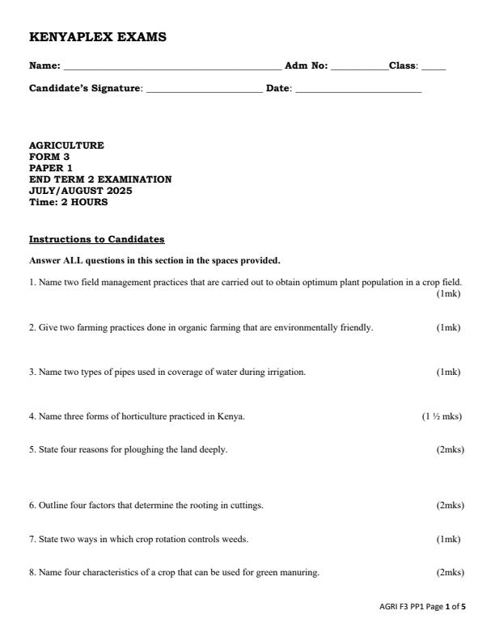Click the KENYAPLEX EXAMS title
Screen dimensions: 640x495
[x=98, y=37]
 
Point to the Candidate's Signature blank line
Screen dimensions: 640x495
[x=205, y=89]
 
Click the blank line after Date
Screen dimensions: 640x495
[x=358, y=89]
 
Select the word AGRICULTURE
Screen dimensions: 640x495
[x=66, y=145]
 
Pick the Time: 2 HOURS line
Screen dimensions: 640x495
[x=68, y=202]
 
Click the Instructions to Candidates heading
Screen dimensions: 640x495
[x=96, y=240]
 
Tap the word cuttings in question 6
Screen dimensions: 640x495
[x=247, y=506]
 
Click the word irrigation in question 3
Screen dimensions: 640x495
[x=286, y=373]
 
